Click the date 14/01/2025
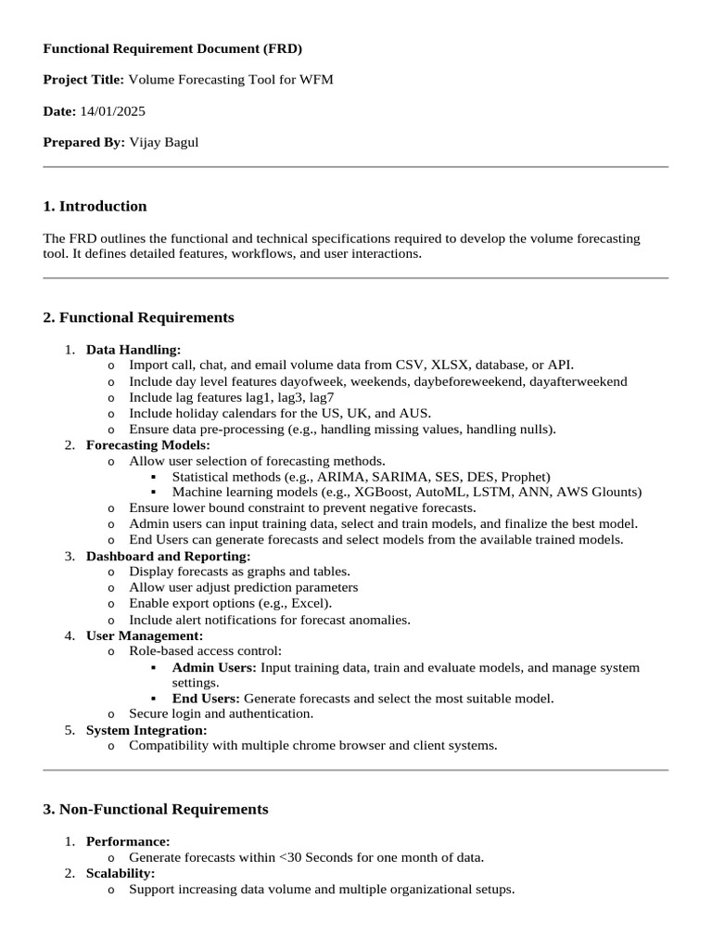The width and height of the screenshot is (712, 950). click(112, 111)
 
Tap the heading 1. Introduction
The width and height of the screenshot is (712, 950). click(95, 206)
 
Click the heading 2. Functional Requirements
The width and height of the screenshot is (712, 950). click(138, 317)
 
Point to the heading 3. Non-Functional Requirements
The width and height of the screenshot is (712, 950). click(156, 809)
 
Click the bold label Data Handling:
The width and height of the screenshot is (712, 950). click(133, 350)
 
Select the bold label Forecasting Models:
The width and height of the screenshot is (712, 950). click(148, 444)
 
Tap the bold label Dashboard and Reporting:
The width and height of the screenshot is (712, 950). click(168, 556)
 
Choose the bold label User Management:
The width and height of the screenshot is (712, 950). click(145, 635)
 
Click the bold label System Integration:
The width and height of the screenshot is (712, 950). click(146, 730)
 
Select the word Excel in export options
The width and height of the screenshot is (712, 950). click(306, 603)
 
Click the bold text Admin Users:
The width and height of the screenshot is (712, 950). click(214, 667)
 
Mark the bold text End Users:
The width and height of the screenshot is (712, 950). click(206, 698)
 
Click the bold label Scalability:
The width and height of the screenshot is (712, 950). click(121, 873)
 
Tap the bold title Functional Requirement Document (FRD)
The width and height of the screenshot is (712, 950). click(172, 48)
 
